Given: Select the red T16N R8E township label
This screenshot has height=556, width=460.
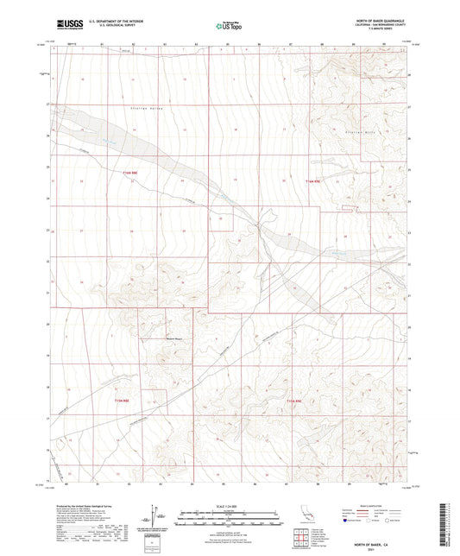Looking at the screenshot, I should coord(129,174).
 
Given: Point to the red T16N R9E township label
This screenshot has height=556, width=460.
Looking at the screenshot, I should coord(312,181).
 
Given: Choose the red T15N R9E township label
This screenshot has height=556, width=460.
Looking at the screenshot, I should coord(294,401).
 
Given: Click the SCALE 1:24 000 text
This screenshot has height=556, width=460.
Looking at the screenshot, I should coord(230,507).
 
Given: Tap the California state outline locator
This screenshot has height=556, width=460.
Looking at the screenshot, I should coord(303,521).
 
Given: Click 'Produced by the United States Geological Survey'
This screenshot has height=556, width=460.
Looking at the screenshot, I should coord(85,507).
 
